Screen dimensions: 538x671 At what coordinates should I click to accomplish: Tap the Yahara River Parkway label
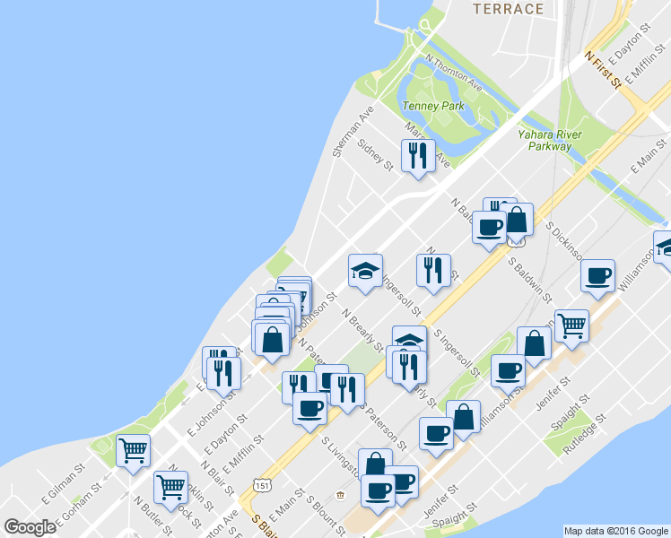(x=550, y=140)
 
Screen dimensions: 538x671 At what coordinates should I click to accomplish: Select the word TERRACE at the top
(x=509, y=9)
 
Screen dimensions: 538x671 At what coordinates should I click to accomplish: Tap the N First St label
(x=603, y=68)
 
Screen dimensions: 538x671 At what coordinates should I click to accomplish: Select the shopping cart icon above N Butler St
(x=170, y=488)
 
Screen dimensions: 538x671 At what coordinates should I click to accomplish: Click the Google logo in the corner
(x=30, y=527)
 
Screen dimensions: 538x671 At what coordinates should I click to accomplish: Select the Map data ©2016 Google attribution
(x=616, y=531)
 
